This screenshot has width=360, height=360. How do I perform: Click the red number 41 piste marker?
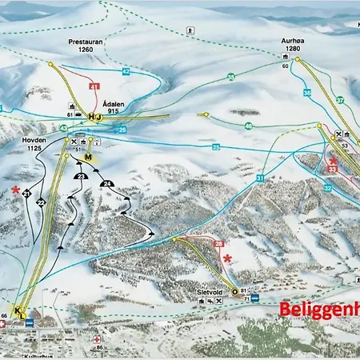click(x=94, y=86)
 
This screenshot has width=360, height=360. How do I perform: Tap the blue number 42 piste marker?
click(x=126, y=72)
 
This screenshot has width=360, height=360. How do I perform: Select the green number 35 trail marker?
click(x=230, y=77)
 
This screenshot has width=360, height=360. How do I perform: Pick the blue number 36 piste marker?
click(x=307, y=93)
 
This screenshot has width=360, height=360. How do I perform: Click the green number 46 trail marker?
click(x=249, y=126)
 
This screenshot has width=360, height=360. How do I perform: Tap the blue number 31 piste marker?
click(x=260, y=178)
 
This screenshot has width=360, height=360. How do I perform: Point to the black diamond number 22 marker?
click(x=41, y=203)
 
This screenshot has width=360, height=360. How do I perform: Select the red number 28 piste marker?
click(x=218, y=244)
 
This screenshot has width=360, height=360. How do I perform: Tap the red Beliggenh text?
click(x=319, y=310)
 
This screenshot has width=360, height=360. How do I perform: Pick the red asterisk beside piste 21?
click(x=15, y=190)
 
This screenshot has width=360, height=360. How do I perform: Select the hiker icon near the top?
click(x=188, y=30)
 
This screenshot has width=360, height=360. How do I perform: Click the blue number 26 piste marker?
click(x=122, y=130)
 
